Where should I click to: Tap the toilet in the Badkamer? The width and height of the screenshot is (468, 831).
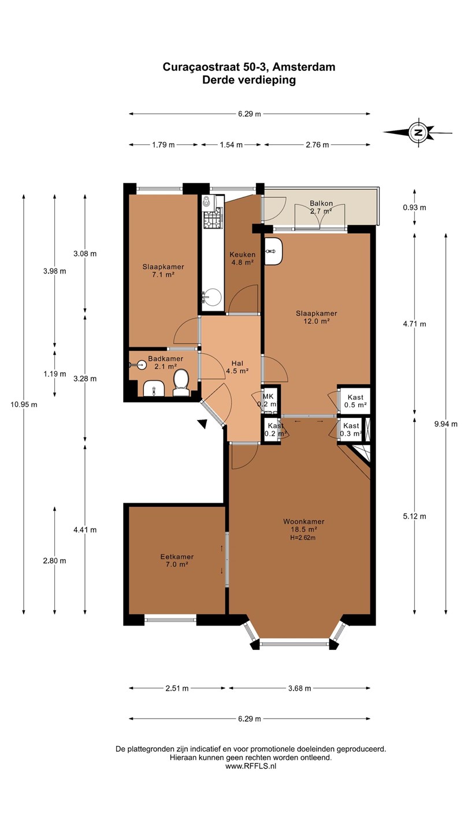181,383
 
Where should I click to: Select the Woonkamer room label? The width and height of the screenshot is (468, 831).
304,522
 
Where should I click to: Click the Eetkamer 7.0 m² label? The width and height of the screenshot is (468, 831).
177,560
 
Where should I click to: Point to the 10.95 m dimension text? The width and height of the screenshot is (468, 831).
24,405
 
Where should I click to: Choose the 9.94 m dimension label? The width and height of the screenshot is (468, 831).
445,424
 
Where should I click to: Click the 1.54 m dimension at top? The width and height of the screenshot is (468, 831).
231,145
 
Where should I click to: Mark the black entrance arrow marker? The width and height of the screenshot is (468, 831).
203,424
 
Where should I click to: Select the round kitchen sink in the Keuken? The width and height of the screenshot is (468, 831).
212,298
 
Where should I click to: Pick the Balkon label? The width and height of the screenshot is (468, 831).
321,203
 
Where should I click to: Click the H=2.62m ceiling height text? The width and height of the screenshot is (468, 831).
303,538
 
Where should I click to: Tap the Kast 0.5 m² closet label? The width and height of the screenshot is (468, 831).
355,401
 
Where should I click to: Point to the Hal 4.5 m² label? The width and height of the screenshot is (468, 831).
237,367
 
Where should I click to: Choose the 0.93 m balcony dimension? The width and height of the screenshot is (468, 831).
414,207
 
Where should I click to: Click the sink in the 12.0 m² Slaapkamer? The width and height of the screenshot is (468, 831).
274,251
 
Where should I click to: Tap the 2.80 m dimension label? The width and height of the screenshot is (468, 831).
54,560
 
